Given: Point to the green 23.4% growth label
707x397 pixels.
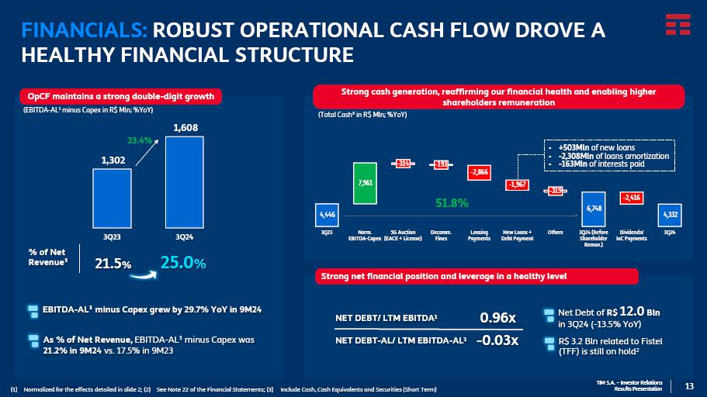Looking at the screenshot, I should click(x=140, y=140).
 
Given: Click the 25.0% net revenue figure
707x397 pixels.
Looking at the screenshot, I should click(x=182, y=264).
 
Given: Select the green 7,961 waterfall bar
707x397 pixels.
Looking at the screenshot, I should click(x=365, y=183).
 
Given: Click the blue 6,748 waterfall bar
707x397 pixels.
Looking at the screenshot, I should click(x=594, y=208).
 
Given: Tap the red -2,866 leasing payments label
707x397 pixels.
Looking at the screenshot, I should click(x=479, y=173).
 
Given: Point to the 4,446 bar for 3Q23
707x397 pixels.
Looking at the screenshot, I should click(x=326, y=214).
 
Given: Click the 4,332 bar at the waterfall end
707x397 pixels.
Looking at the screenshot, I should click(x=669, y=214).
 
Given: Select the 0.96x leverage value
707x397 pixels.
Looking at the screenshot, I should click(x=497, y=317).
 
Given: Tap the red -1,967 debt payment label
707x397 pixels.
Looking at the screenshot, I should click(x=517, y=185).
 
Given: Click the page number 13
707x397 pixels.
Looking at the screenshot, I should click(x=689, y=386).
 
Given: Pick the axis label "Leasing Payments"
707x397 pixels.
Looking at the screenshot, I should click(x=479, y=235).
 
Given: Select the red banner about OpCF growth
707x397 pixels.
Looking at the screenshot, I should click(x=120, y=97).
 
